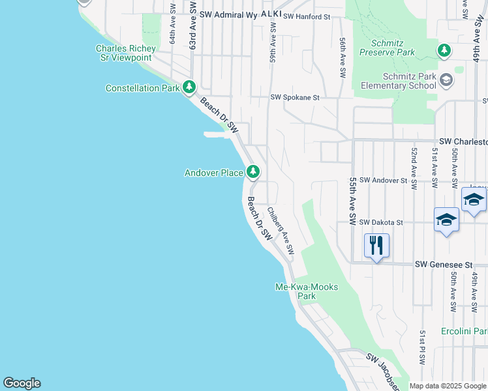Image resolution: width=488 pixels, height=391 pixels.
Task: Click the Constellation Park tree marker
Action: [189, 87]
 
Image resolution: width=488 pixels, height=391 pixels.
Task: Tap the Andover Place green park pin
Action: [253, 172]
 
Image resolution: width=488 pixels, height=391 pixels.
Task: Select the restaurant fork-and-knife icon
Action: [376, 246]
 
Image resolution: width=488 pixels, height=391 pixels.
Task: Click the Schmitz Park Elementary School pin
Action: [446, 80]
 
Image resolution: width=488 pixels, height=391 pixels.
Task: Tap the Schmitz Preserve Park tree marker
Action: [444, 50]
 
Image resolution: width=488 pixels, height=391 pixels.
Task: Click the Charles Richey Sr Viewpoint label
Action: [126, 53]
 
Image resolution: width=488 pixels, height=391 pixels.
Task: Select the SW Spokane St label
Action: [295, 98]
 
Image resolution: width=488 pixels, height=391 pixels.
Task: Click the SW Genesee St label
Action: [444, 265]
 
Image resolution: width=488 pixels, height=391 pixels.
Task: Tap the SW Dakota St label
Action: [381, 222]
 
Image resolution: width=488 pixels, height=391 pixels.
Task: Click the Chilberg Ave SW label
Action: [281, 231]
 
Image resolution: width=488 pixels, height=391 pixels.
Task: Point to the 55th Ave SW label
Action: [353, 201]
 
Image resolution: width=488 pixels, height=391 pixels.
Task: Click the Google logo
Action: [22, 383]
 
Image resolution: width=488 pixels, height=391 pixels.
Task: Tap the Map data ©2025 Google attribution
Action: [448, 386]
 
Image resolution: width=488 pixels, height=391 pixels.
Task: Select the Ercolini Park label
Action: [464, 331]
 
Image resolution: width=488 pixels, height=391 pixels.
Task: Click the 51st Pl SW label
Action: [423, 348]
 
